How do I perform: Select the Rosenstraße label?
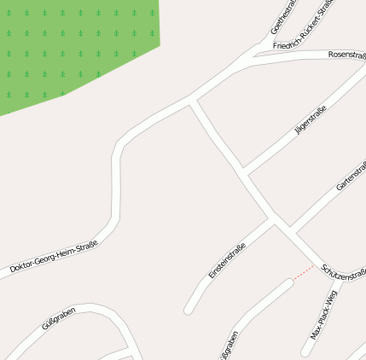[x=346, y=54]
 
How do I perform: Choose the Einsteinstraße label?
[x=227, y=261]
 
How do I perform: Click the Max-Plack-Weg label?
[x=324, y=315]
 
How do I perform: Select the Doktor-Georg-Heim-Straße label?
[x=54, y=257]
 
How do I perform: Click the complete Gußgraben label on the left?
[x=59, y=318]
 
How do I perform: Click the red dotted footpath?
[x=304, y=272]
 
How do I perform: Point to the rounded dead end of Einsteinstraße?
[x=189, y=309]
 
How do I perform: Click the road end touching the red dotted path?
[x=290, y=282]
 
